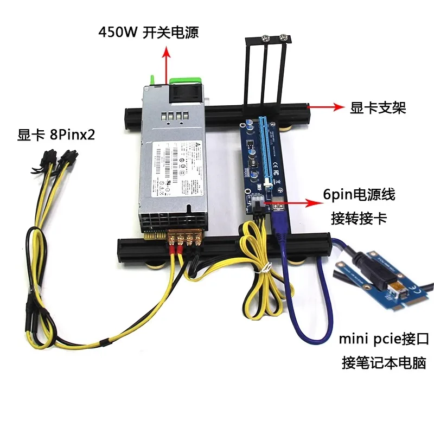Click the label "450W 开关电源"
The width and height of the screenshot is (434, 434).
[x=148, y=32]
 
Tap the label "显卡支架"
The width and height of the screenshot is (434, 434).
[x=378, y=108]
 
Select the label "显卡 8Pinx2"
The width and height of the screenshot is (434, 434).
[x=56, y=135]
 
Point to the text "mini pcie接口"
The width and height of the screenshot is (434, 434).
[x=384, y=340]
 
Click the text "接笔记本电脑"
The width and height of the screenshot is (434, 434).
[x=384, y=361]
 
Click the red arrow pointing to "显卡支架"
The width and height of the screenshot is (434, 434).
[x=325, y=107]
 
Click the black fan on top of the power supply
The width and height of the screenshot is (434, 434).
[x=185, y=93]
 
